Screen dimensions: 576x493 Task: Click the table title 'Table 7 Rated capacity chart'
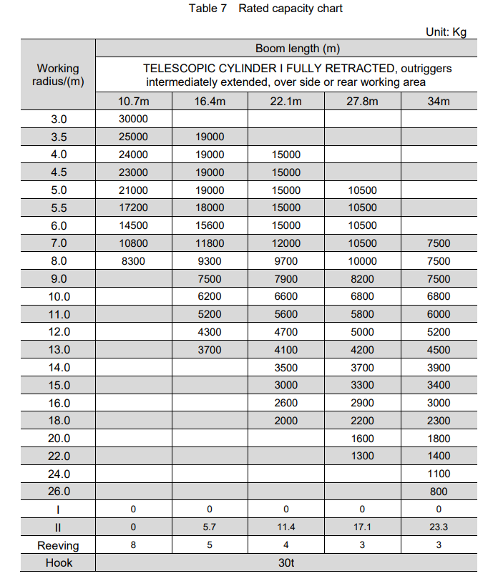pyautogui.click(x=265, y=9)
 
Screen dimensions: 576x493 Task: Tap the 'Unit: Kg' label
pyautogui.click(x=446, y=32)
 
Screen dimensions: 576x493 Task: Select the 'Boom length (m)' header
pyautogui.click(x=297, y=49)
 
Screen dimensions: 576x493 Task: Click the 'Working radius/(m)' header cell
pyautogui.click(x=58, y=75)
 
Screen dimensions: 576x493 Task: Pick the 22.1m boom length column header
pyautogui.click(x=286, y=101)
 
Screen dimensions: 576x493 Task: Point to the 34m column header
pyautogui.click(x=438, y=101)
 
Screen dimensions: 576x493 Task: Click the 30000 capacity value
pyautogui.click(x=133, y=119)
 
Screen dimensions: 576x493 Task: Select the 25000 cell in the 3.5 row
pyautogui.click(x=133, y=137)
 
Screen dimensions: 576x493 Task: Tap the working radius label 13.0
pyautogui.click(x=58, y=350)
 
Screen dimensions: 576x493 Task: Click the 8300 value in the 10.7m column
pyautogui.click(x=133, y=261)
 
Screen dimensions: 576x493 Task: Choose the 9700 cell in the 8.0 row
pyautogui.click(x=286, y=261)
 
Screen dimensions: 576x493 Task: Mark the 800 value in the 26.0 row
pyautogui.click(x=439, y=492)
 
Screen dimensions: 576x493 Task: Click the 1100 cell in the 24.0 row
pyautogui.click(x=439, y=474)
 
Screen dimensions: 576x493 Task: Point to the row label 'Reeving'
pyautogui.click(x=58, y=545)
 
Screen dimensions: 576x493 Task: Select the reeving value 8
pyautogui.click(x=133, y=545)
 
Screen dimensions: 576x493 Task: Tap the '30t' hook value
pyautogui.click(x=286, y=563)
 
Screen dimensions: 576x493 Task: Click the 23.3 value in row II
pyautogui.click(x=439, y=527)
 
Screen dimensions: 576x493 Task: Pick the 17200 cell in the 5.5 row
pyautogui.click(x=133, y=208)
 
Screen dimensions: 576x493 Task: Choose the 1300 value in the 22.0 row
pyautogui.click(x=362, y=456)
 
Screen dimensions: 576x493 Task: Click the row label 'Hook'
pyautogui.click(x=58, y=563)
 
